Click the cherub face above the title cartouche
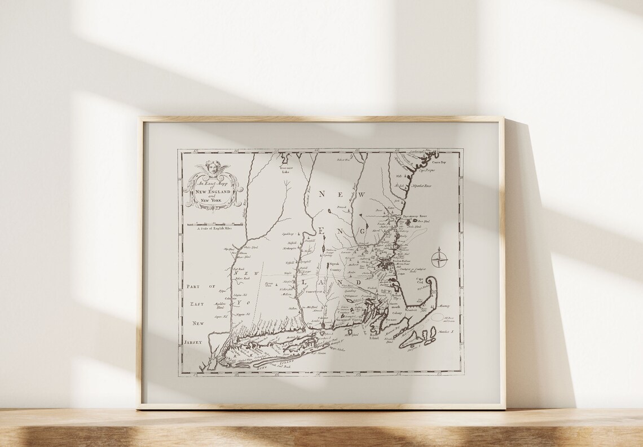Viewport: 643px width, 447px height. point(213,167)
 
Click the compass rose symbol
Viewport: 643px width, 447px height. point(439,259)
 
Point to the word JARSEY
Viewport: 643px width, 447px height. point(192,342)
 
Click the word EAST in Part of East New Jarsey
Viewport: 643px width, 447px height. point(197,304)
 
